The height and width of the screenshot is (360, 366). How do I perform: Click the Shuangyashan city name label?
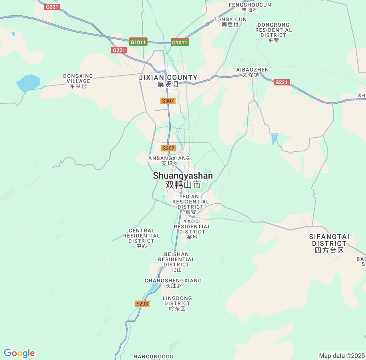pyautogui.click(x=183, y=180)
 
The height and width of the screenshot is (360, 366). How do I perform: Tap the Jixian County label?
pyautogui.click(x=168, y=81)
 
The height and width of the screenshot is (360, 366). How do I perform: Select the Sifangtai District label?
pyautogui.click(x=329, y=243)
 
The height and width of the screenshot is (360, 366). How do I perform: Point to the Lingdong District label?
pyautogui.click(x=177, y=303)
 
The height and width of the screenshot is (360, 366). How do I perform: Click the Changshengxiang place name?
pyautogui.click(x=173, y=283)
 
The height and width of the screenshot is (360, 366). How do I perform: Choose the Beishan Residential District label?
pyautogui.click(x=176, y=262)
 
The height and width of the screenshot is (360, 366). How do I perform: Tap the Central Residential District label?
pyautogui.click(x=142, y=238)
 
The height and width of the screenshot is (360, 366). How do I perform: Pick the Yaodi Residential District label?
pyautogui.click(x=192, y=229)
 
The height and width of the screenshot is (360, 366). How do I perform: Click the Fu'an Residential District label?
pyautogui.click(x=191, y=204)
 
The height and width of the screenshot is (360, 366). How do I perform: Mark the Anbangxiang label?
pyautogui.click(x=169, y=161)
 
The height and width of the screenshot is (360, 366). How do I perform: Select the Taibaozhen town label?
pyautogui.click(x=250, y=72)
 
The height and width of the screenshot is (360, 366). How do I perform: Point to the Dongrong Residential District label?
pyautogui.click(x=274, y=32)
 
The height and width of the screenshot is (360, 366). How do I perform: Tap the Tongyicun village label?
pyautogui.click(x=230, y=22)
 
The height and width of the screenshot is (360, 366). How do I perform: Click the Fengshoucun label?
pyautogui.click(x=250, y=7)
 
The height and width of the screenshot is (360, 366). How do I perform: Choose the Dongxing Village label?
pyautogui.click(x=78, y=81)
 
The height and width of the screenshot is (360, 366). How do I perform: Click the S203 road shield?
pyautogui.click(x=142, y=303)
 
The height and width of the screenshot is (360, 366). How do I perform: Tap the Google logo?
pyautogui.click(x=19, y=353)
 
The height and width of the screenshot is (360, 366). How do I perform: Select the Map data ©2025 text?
pyautogui.click(x=342, y=356)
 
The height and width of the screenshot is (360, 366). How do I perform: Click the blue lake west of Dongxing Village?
pyautogui.click(x=28, y=83)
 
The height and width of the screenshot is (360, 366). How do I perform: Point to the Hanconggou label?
pyautogui.click(x=154, y=357)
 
